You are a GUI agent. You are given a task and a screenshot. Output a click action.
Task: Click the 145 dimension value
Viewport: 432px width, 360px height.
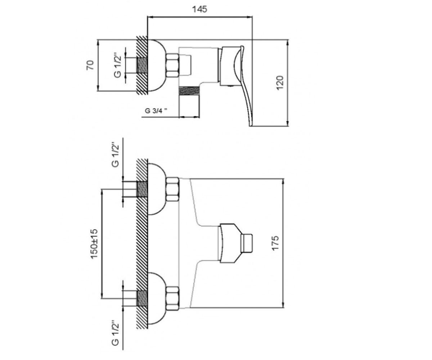pos(199,9)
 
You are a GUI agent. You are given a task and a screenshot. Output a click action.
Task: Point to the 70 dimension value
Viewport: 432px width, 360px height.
pos(90,65)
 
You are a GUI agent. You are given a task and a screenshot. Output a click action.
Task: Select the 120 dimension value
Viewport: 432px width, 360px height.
pos(280,83)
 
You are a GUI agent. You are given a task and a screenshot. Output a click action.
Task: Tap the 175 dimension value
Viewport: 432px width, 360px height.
pos(275,243)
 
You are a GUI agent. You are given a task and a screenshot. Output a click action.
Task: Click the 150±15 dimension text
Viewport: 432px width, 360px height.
pos(94,244)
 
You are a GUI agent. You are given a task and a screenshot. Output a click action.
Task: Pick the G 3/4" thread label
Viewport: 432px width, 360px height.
pos(156,111)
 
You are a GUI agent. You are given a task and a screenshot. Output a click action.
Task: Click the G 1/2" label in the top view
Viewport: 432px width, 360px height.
pos(117,66)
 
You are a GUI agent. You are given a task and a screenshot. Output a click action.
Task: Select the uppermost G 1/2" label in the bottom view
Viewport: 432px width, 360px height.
pos(115,155)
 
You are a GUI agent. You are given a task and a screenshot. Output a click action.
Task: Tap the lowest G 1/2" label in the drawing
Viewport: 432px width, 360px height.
pos(115,333)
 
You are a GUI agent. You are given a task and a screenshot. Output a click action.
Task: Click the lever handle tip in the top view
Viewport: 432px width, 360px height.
pos(250,125)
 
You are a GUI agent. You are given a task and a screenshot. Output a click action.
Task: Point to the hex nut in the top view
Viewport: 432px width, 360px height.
pos(172,66)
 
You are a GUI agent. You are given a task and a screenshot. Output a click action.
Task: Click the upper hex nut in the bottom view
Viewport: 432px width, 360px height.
pos(172,189)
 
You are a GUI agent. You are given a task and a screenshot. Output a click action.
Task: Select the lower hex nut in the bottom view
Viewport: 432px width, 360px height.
pos(172,298)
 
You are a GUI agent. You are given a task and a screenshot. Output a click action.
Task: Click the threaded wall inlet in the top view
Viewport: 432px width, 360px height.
pos(142,66)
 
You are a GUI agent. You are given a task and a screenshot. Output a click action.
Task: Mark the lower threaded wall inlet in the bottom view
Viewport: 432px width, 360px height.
pos(142,298)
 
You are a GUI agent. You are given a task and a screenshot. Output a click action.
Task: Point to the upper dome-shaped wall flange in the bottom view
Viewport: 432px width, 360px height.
pos(157,189)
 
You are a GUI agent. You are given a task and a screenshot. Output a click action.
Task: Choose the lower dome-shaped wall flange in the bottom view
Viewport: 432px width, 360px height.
pos(157,298)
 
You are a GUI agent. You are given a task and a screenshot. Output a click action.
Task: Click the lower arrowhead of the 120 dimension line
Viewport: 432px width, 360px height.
pos(287,123)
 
